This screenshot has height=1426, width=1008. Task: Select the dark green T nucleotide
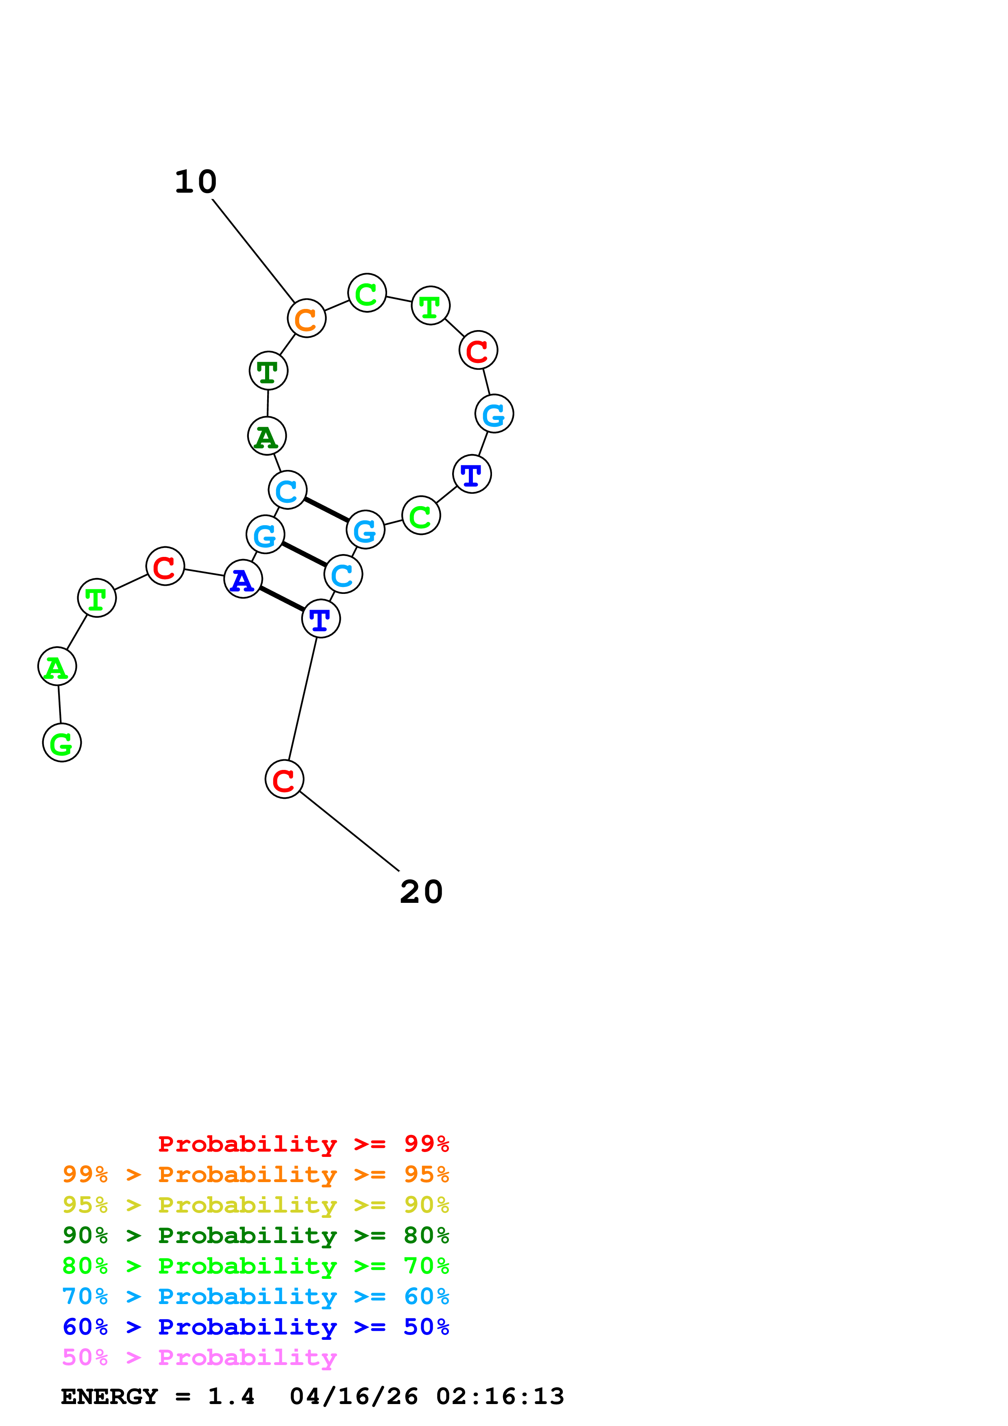click(x=268, y=371)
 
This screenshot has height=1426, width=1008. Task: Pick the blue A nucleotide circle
click(x=243, y=579)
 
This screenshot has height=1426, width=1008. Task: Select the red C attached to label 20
click(x=285, y=779)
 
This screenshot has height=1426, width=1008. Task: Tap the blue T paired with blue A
click(x=320, y=619)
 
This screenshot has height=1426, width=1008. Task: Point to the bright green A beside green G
click(x=57, y=666)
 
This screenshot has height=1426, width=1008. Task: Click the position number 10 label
click(x=196, y=182)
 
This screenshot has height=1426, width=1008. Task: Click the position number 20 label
click(x=421, y=893)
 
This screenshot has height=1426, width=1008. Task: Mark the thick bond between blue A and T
click(x=282, y=599)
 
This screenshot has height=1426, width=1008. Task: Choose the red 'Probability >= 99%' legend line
click(x=303, y=1143)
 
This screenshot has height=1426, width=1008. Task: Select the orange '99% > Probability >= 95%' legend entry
click(x=255, y=1174)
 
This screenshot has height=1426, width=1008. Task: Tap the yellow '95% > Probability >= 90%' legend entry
click(x=255, y=1204)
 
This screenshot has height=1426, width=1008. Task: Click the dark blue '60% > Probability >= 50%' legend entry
click(x=255, y=1327)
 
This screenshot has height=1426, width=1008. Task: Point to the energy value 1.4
click(x=231, y=1396)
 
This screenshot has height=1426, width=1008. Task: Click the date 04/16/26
click(x=353, y=1396)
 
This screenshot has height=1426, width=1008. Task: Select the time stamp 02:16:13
click(x=500, y=1396)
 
